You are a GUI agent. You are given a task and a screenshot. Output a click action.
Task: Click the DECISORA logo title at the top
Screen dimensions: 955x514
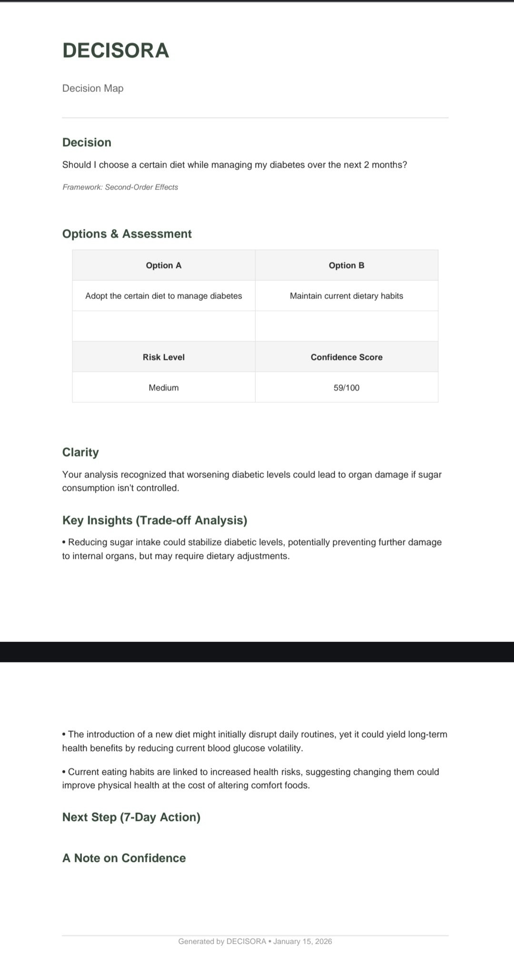(x=116, y=50)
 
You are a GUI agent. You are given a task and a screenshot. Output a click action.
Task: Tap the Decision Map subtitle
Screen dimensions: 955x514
(x=93, y=88)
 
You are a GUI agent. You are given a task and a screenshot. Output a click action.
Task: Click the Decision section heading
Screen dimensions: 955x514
(x=87, y=142)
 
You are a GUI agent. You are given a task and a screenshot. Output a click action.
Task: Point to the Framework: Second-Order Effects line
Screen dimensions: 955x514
(x=120, y=187)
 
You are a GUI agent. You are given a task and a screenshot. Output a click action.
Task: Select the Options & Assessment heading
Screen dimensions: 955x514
(x=127, y=234)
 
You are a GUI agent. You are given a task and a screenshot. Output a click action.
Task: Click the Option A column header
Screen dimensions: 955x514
(x=164, y=266)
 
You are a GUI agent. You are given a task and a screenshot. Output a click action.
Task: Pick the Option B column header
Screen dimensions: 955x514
(x=346, y=266)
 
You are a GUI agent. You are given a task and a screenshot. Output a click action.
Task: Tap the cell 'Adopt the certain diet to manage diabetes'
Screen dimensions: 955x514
(x=164, y=296)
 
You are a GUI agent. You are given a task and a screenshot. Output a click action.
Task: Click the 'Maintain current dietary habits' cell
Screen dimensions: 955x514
(x=346, y=296)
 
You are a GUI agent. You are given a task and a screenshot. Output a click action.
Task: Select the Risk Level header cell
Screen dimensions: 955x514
(x=164, y=357)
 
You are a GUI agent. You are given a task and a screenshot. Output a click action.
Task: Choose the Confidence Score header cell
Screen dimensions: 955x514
(x=346, y=357)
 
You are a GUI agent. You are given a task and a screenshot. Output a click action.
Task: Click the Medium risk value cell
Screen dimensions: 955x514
(x=164, y=388)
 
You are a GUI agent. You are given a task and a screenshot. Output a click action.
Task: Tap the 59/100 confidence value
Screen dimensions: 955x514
(x=346, y=388)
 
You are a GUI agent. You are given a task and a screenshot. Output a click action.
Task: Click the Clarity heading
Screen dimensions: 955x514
(x=80, y=452)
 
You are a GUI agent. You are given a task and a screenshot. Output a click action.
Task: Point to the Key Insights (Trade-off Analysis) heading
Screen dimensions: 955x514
(x=155, y=520)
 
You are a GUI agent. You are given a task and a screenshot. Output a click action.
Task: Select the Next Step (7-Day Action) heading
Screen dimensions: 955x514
(x=131, y=817)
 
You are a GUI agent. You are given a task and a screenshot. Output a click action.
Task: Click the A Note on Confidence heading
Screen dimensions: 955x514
(x=124, y=858)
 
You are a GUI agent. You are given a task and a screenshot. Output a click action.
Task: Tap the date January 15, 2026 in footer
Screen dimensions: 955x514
(x=303, y=941)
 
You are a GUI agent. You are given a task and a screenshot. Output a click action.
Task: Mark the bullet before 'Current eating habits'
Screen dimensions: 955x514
(x=64, y=772)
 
